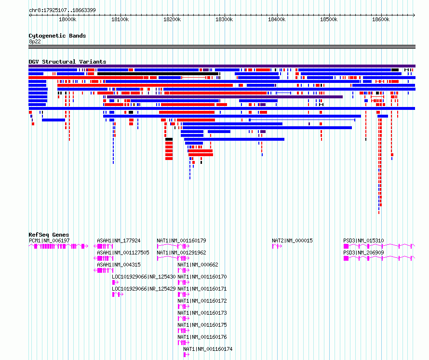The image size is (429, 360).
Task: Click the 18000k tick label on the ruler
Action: point(67,19)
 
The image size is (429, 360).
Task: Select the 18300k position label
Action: point(224,19)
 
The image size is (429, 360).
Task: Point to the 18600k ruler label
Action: point(381,19)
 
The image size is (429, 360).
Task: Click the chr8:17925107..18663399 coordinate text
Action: point(62,10)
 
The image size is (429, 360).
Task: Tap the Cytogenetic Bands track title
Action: point(57,36)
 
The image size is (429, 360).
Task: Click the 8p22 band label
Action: point(35,41)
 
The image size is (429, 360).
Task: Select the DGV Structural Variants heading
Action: point(67,62)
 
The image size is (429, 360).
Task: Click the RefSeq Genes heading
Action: point(49,234)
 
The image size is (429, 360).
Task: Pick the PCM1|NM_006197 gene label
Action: point(49,240)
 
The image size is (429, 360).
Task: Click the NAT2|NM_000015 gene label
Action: point(292,240)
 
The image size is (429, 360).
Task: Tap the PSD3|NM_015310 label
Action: point(363,240)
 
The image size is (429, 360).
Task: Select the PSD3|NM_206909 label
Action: point(363,253)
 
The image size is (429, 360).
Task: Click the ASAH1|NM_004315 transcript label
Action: point(119,265)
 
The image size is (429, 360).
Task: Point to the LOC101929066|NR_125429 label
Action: point(144,289)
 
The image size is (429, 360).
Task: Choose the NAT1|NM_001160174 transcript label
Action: point(208,349)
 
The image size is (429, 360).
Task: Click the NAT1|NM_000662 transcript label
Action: point(198,265)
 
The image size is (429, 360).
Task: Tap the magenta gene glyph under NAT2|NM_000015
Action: point(277,246)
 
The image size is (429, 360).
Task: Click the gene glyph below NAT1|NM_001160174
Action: point(187,355)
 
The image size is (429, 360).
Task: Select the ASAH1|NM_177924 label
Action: point(119,240)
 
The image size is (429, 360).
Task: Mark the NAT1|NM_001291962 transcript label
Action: point(181,253)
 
